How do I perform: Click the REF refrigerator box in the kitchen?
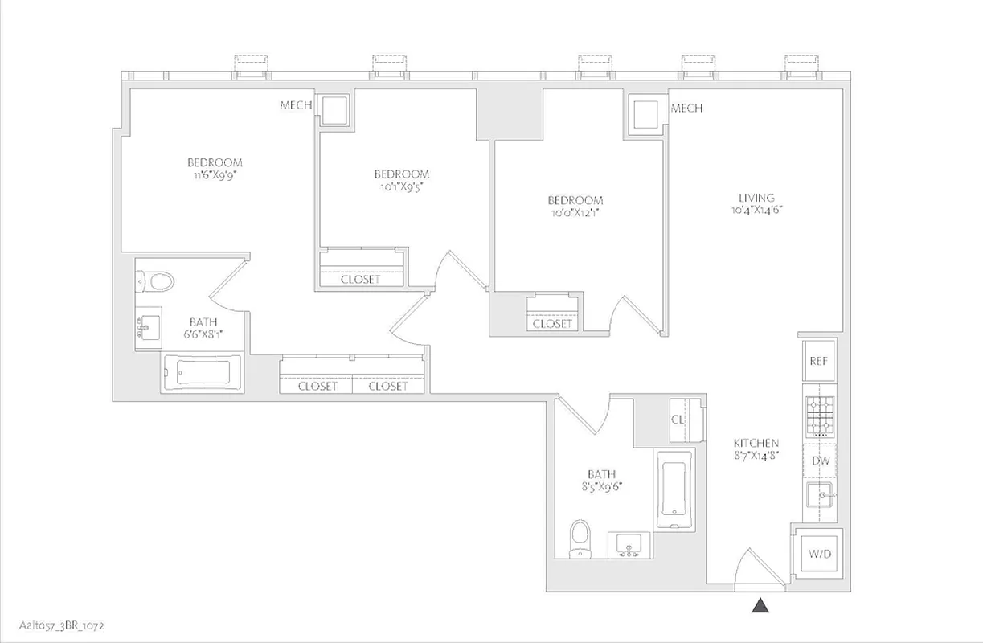818,361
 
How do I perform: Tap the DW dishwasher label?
820,461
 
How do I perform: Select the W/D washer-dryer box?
819,554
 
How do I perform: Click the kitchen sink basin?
821,497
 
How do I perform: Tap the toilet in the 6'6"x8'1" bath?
157,281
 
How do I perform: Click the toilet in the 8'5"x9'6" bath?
579,538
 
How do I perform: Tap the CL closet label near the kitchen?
678,420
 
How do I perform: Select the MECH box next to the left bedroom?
334,108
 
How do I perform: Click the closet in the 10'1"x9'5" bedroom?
360,268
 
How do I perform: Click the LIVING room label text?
756,197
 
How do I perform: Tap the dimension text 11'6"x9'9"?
213,174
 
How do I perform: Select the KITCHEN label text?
756,443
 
